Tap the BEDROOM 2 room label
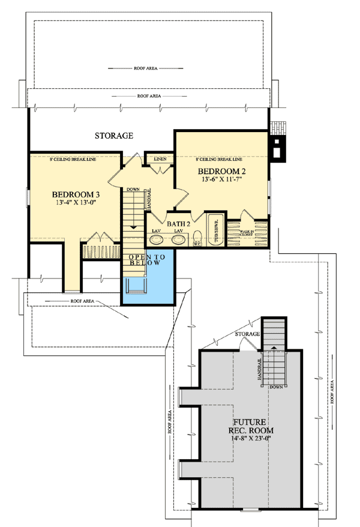pyautogui.click(x=222, y=172)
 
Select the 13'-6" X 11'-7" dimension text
pyautogui.click(x=222, y=179)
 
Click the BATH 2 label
pyautogui.click(x=178, y=224)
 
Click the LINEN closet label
pyautogui.click(x=160, y=159)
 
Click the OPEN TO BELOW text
pyautogui.click(x=145, y=260)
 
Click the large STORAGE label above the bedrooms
pyautogui.click(x=113, y=136)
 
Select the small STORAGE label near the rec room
pyautogui.click(x=247, y=334)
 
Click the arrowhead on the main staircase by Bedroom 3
pyautogui.click(x=133, y=227)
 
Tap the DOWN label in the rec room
pyautogui.click(x=275, y=387)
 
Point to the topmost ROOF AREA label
pyautogui.click(x=146, y=68)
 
